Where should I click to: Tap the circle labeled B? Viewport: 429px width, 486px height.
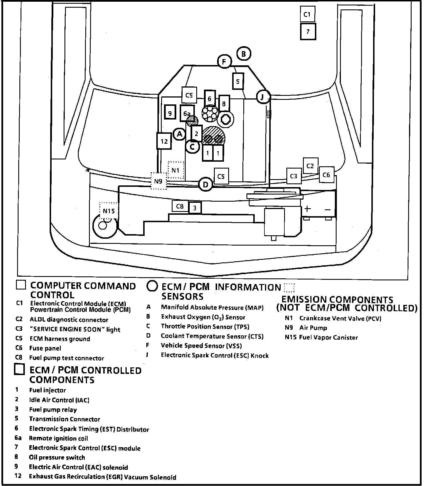pos(244,54)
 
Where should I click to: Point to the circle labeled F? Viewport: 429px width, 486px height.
pos(224,62)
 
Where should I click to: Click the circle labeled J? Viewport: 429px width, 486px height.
pos(263,97)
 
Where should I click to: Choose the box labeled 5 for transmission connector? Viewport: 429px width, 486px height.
pos(238,82)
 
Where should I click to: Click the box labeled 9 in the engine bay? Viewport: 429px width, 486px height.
pos(170,114)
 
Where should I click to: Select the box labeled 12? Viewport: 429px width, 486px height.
pos(164,141)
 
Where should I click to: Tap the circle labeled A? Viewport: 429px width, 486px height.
pos(179,134)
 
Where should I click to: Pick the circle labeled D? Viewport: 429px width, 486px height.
pos(205,185)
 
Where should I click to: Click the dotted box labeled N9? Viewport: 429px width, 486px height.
pos(158,181)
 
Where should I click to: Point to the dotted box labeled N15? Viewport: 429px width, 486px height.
pos(109,211)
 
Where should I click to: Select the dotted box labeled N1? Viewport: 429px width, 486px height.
pos(176,170)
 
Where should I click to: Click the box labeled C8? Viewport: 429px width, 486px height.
pos(180,206)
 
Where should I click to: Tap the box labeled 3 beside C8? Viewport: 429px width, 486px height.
pos(195,208)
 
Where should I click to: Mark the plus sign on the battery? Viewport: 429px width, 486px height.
pos(307,209)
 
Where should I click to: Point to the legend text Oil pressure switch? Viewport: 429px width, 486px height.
pos(57,457)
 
